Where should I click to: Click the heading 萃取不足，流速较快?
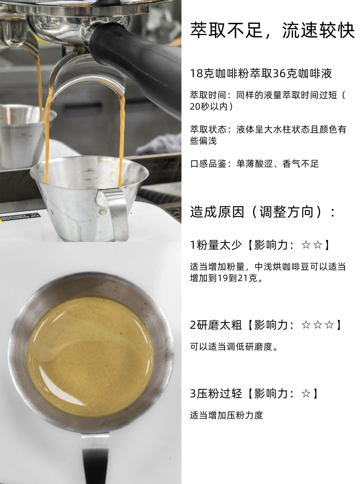[272, 30]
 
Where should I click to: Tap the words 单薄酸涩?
[254, 164]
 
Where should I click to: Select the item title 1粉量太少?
[216, 245]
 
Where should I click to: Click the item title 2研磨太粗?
[216, 325]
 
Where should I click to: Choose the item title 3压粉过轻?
[216, 393]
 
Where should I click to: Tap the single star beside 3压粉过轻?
[306, 394]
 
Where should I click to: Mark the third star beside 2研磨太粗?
[329, 325]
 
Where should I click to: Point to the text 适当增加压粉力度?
[226, 415]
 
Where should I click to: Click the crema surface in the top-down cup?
[90, 357]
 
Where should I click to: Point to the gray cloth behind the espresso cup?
[159, 145]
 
